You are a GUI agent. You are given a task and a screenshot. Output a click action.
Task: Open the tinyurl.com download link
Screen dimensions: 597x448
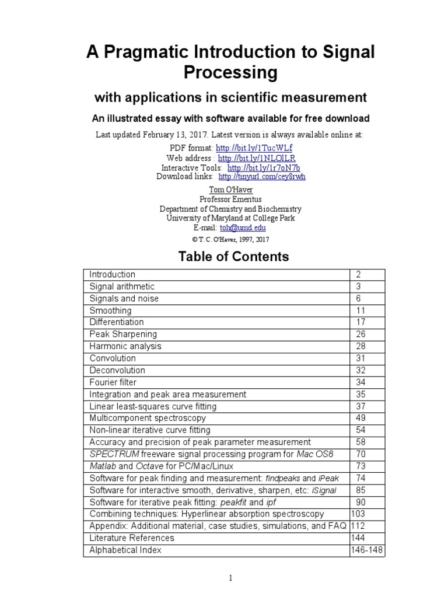click(x=262, y=176)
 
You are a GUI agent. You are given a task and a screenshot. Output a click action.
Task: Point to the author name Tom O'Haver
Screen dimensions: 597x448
click(x=223, y=190)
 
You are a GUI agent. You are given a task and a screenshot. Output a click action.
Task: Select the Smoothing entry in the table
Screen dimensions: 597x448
click(x=110, y=310)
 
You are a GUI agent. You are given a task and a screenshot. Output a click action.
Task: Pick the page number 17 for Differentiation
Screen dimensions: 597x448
click(x=360, y=322)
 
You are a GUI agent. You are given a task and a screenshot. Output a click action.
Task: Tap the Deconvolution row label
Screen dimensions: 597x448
click(x=117, y=370)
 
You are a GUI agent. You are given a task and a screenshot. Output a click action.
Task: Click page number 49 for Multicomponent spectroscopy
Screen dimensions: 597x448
click(x=360, y=418)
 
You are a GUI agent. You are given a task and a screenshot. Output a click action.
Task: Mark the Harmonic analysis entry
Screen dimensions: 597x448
click(x=125, y=346)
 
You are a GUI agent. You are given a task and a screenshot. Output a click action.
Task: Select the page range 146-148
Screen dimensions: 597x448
click(x=367, y=550)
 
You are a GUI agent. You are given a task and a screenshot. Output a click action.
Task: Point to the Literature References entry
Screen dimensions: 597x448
click(x=132, y=538)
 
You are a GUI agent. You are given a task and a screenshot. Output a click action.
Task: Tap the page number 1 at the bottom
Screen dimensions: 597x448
click(x=231, y=578)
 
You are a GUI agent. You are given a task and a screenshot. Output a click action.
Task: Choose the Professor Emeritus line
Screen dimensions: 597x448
click(x=223, y=199)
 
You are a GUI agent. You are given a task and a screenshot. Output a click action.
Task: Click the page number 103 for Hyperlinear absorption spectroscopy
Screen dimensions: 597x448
click(x=358, y=514)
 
